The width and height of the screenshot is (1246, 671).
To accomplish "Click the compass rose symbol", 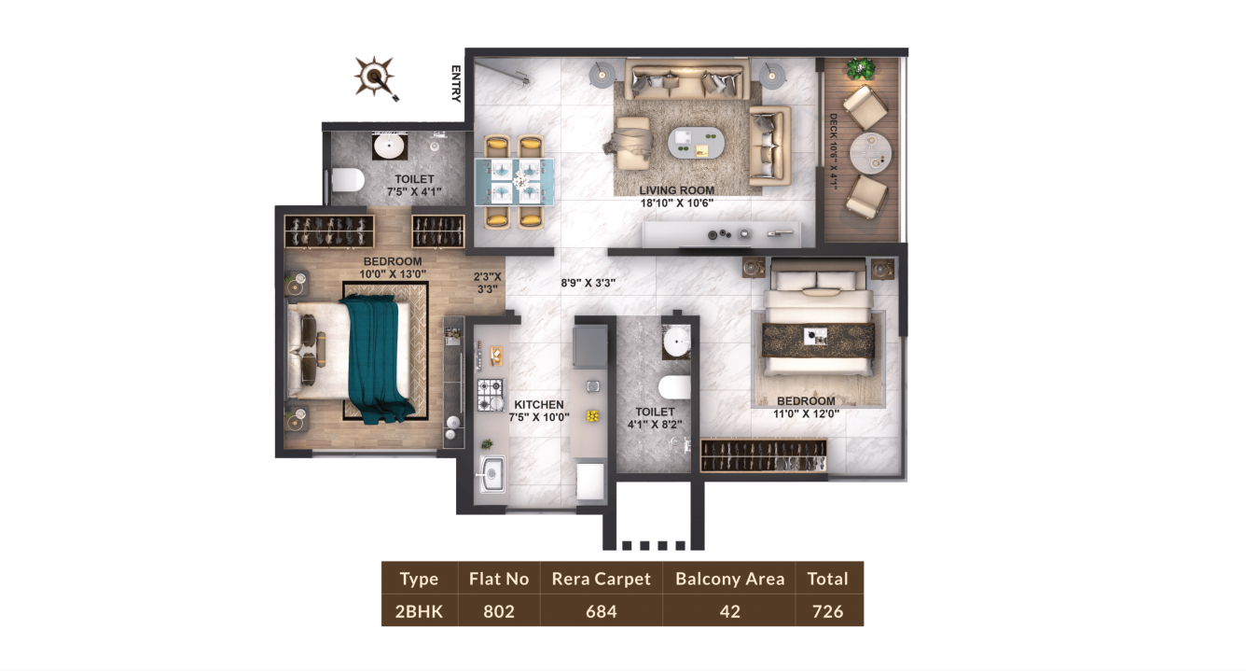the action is pyautogui.click(x=375, y=77).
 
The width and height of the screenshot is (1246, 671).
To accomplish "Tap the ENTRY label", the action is pyautogui.click(x=456, y=84).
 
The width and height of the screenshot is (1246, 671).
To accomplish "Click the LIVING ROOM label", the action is pyautogui.click(x=676, y=190).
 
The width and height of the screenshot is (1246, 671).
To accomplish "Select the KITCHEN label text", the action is pyautogui.click(x=538, y=404).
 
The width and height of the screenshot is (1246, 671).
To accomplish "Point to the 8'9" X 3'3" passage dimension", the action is pyautogui.click(x=588, y=283).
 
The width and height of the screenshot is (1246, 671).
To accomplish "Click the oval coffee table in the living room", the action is pyautogui.click(x=696, y=143).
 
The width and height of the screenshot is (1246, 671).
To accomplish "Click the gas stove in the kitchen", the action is pyautogui.click(x=491, y=395).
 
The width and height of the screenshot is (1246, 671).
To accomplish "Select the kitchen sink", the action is pyautogui.click(x=491, y=475).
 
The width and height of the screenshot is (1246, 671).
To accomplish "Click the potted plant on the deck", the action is pyautogui.click(x=861, y=69).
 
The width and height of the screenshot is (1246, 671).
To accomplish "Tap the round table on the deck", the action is pyautogui.click(x=870, y=154).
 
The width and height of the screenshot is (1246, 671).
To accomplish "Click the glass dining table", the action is pyautogui.click(x=514, y=182).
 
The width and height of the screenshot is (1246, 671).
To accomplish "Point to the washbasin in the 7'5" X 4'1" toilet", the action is pyautogui.click(x=390, y=147).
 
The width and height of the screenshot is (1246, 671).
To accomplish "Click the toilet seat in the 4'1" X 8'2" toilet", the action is pyautogui.click(x=674, y=387).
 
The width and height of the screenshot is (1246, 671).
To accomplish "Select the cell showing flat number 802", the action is pyautogui.click(x=499, y=611).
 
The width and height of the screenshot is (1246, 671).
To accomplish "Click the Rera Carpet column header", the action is pyautogui.click(x=602, y=579).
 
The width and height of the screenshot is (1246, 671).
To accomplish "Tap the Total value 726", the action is pyautogui.click(x=827, y=611).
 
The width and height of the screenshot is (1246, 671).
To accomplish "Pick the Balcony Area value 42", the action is pyautogui.click(x=730, y=611).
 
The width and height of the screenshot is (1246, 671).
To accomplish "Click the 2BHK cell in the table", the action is pyautogui.click(x=420, y=611).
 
